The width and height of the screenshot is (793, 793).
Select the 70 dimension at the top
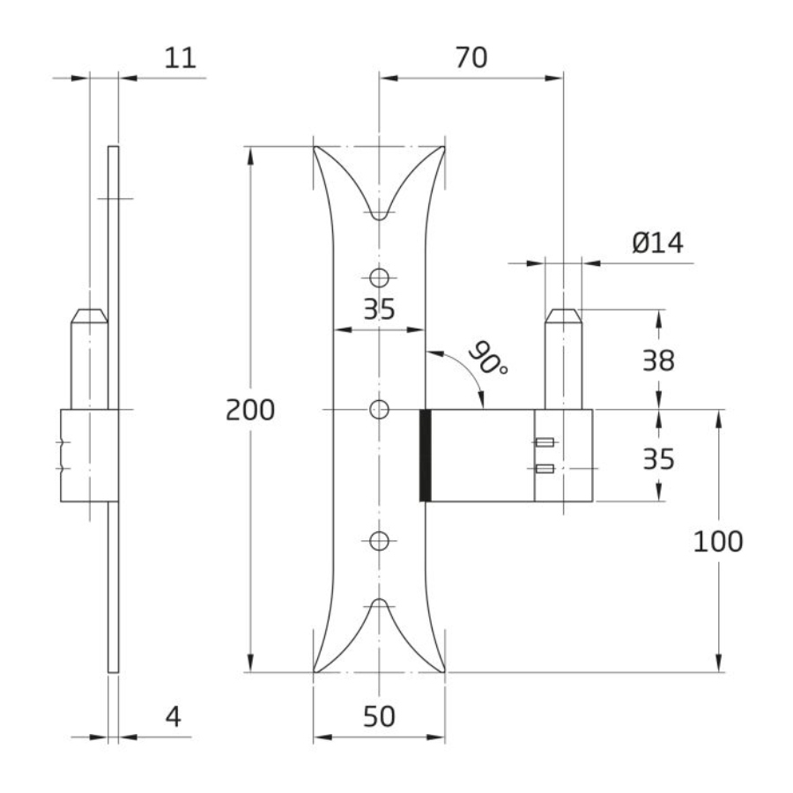(x=471, y=57)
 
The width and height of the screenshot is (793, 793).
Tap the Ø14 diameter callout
(x=657, y=243)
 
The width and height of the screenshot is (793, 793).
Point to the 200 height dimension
(x=250, y=410)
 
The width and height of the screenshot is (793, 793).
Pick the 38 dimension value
(x=658, y=361)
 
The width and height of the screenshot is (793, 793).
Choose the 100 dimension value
(x=717, y=541)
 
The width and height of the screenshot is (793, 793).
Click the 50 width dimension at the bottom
(x=379, y=716)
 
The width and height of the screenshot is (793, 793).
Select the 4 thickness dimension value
(x=174, y=716)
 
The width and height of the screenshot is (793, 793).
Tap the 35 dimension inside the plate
(x=379, y=309)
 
